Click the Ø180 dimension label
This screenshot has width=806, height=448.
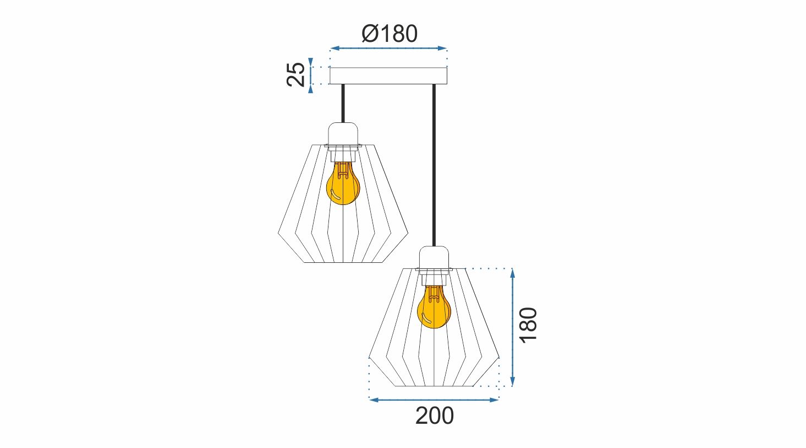[390, 34]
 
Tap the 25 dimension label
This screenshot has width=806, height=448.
[296, 74]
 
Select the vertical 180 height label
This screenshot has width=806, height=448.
[528, 325]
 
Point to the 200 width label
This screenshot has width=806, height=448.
[434, 415]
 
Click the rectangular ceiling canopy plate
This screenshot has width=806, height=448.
[388, 75]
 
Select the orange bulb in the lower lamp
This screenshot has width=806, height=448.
[434, 307]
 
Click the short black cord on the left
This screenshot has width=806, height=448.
[343, 104]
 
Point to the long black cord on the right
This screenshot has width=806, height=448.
[434, 165]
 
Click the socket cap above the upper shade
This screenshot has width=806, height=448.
[343, 134]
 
